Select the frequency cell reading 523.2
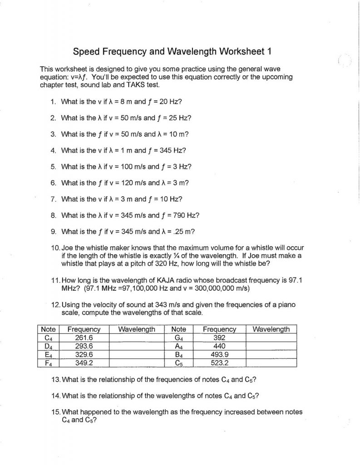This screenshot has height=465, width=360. [x=219, y=363]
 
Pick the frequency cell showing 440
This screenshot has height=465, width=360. [x=219, y=346]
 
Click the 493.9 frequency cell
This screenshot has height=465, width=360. [x=219, y=354]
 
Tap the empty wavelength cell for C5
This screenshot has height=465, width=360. [x=271, y=363]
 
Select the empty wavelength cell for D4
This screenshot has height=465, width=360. [x=136, y=346]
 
